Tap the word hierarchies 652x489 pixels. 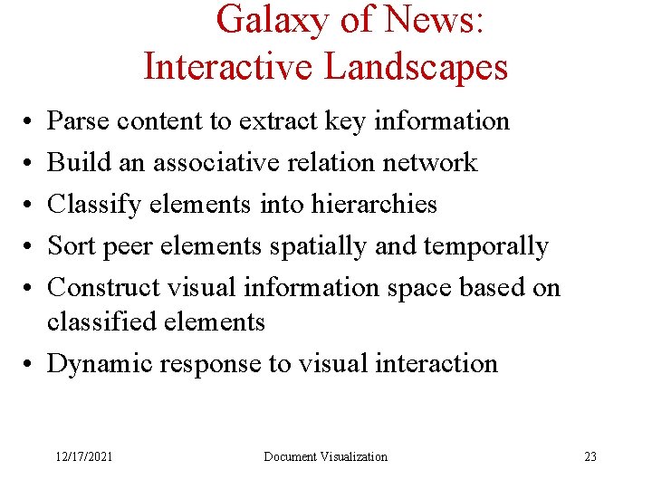point(374,204)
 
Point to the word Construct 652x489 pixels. point(101,287)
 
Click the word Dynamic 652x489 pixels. point(100,363)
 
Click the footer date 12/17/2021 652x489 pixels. point(82,456)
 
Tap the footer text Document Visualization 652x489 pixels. point(325,456)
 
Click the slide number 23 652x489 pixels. point(590,456)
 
